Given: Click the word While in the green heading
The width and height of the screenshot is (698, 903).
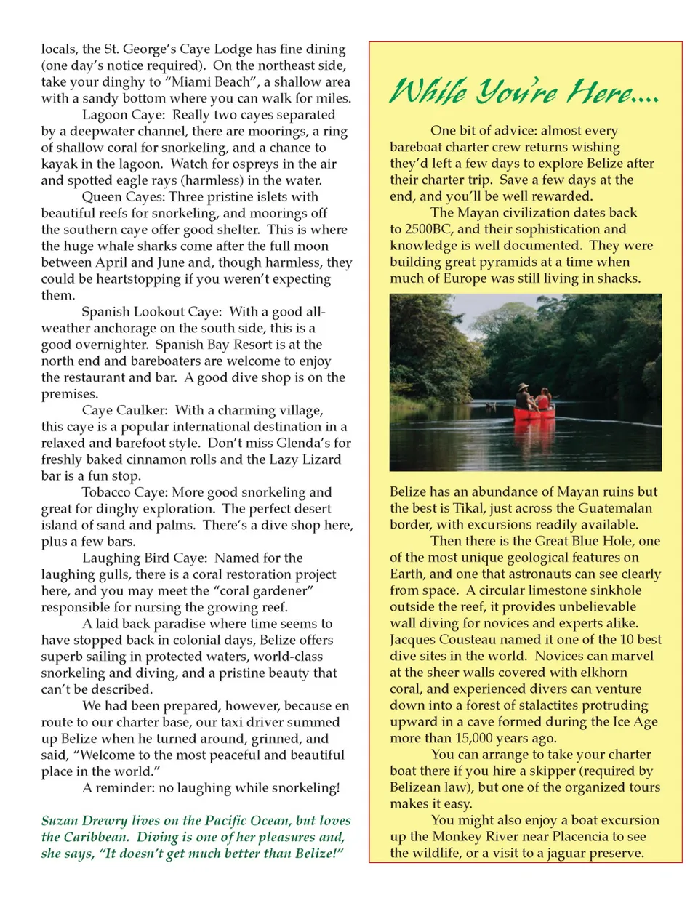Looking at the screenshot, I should pos(428,92).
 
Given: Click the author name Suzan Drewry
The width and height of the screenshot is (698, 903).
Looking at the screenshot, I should pos(84,821).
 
